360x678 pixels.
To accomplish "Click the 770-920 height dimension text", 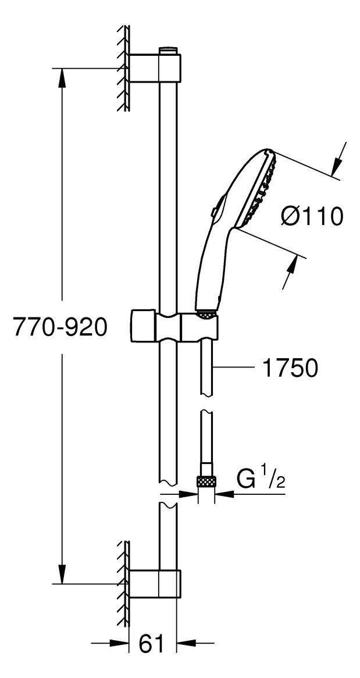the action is [x=54, y=326].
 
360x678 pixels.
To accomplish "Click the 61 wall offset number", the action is [x=152, y=644].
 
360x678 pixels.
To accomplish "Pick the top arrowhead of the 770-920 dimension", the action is [x=63, y=78].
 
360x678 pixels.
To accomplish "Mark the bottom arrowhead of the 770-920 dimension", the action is [x=63, y=573].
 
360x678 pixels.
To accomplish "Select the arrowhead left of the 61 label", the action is [x=119, y=644].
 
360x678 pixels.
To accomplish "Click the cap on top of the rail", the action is [x=168, y=51].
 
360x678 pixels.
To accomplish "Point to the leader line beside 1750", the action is [x=234, y=367].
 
